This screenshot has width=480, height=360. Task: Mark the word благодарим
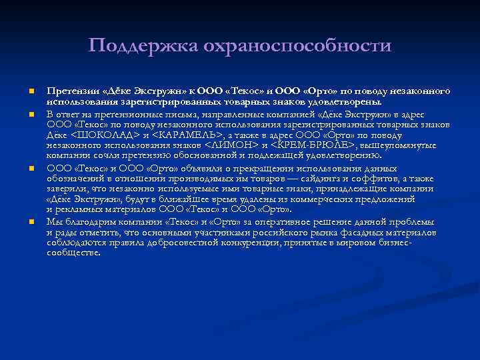88,221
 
